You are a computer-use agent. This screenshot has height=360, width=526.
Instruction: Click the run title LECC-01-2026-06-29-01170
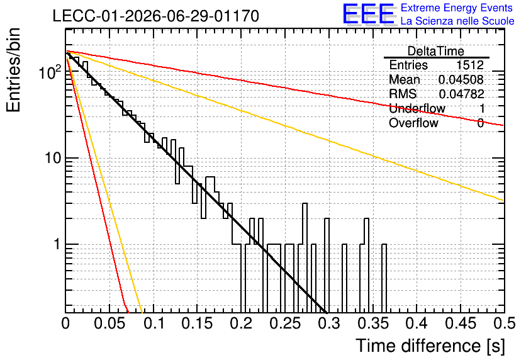156,16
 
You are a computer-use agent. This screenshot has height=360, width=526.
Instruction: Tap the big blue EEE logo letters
368,14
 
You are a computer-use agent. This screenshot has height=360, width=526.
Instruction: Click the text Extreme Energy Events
457,8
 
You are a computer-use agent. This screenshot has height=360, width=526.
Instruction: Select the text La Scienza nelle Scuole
457,21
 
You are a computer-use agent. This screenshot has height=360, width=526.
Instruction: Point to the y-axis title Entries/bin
14,70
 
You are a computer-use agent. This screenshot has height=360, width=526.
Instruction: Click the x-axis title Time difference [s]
430,346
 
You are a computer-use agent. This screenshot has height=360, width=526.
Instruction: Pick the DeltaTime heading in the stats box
436,51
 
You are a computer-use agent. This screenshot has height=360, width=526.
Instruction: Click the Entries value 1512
469,65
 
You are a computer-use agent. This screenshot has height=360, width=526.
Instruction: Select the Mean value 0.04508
461,79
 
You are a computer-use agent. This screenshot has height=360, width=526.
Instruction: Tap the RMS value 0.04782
461,94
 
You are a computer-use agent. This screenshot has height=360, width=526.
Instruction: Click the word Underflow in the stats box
417,108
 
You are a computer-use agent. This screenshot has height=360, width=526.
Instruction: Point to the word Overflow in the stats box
413,123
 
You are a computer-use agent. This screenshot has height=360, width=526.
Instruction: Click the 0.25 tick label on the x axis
285,323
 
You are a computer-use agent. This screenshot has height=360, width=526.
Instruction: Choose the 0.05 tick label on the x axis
109,323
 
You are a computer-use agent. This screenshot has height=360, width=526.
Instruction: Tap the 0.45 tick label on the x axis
461,323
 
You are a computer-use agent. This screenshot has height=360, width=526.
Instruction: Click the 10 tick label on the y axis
53,158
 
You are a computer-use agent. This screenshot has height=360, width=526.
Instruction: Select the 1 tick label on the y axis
57,244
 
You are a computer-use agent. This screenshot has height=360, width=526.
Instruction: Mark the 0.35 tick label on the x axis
373,323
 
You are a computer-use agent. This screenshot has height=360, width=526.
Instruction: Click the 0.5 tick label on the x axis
504,323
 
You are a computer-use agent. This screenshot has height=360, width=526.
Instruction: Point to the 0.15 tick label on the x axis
198,323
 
